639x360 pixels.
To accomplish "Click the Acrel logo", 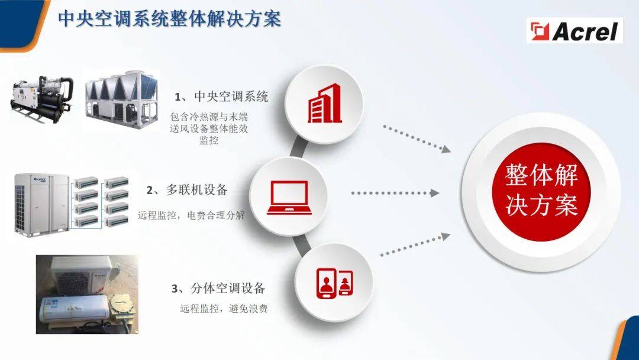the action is coord(575,31).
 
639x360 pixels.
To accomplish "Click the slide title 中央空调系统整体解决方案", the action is coord(170,19).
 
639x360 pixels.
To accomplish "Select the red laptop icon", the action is coord(289,198).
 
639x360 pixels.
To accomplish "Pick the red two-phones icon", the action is coord(334,282).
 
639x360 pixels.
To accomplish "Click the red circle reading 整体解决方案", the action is coord(541,191).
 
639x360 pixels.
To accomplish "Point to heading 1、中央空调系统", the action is coord(222,97).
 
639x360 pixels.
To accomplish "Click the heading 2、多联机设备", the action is coord(187,189).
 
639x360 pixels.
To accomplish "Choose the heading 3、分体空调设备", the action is coord(218,288).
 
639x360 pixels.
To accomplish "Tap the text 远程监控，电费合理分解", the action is coord(192,215).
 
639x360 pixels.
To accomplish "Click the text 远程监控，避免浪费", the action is coord(224,308).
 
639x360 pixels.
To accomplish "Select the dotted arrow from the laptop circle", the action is coord(395,193).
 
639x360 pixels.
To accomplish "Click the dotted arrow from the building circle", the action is coord(417,139).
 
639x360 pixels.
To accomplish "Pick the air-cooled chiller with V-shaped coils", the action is coord(121,100).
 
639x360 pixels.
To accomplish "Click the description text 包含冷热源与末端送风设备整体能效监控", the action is coord(209,128).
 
